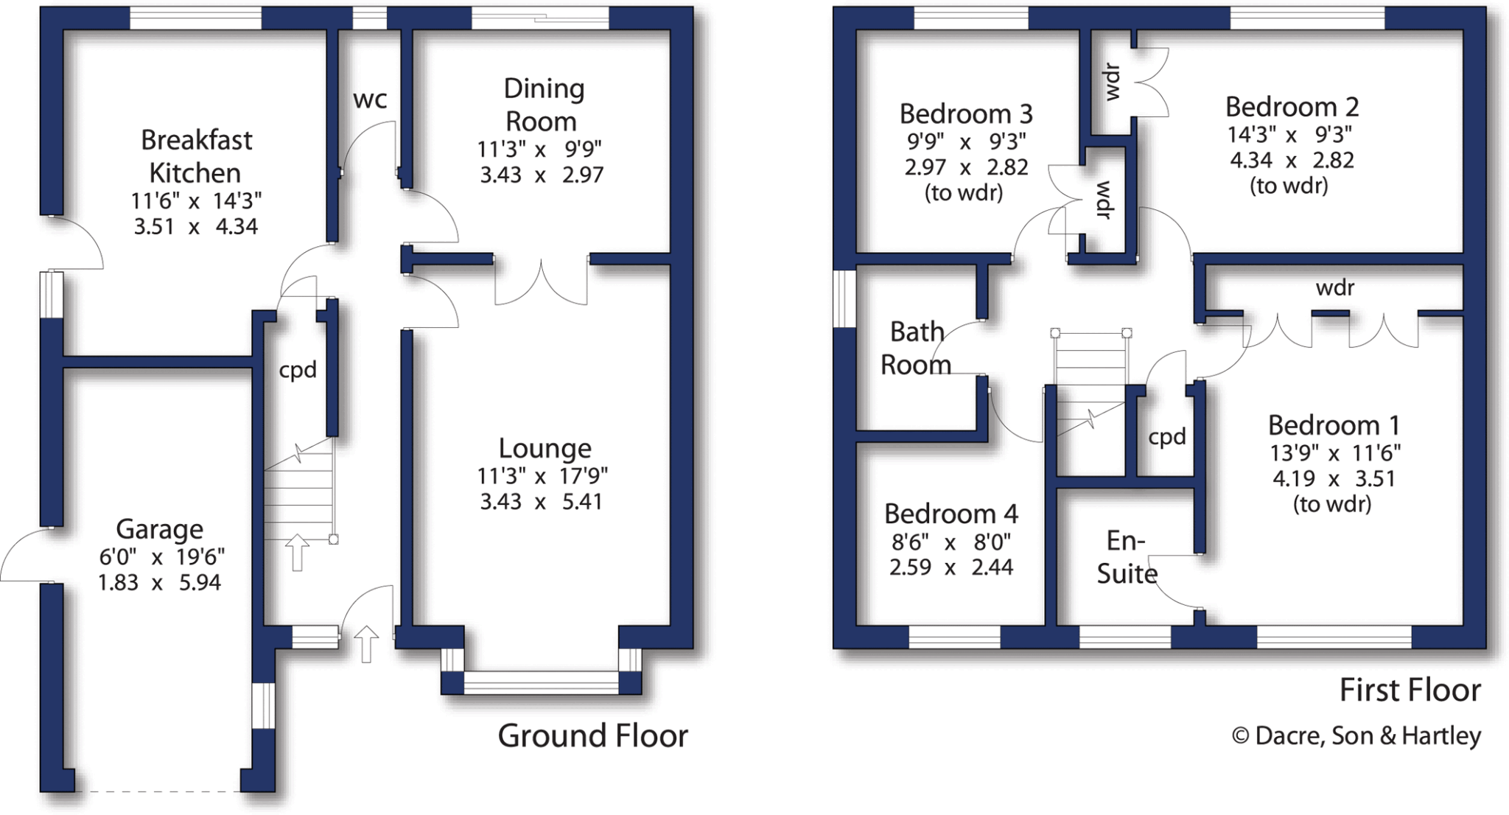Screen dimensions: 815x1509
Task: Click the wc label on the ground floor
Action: [370, 99]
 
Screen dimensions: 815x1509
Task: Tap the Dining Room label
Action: [543, 105]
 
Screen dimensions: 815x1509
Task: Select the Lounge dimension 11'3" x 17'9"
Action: [542, 477]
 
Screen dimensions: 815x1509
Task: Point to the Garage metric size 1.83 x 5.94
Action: [159, 582]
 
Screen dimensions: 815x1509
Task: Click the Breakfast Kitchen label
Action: [196, 156]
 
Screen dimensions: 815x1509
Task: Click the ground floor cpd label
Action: [298, 369]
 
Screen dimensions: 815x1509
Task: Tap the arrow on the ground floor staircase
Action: [297, 553]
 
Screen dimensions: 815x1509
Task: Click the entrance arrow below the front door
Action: [366, 644]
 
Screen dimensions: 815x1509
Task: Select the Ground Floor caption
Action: [592, 735]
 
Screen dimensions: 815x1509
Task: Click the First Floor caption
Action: [1410, 690]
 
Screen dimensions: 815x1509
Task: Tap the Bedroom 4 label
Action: [950, 513]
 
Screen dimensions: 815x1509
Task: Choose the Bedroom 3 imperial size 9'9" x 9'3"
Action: [966, 141]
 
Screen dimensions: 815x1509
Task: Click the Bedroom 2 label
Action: [1292, 107]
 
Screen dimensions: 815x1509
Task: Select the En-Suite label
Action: [1127, 557]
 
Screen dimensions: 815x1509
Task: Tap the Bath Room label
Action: [916, 348]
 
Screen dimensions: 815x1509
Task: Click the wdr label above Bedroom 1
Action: [1335, 287]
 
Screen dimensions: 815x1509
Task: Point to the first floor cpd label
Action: [1167, 437]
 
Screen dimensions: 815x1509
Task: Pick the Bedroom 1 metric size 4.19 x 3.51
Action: [1334, 479]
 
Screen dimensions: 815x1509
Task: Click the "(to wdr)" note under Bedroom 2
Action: [1289, 186]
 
